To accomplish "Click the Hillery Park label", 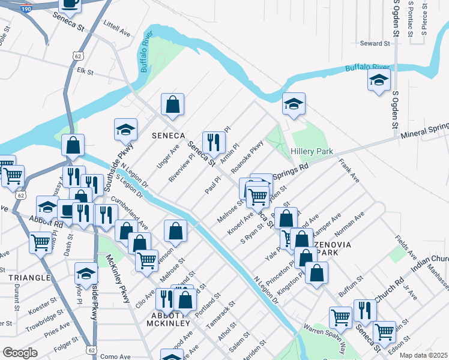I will point(312,152).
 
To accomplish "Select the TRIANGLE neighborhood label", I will point(29,278).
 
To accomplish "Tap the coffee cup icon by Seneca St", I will point(70,4).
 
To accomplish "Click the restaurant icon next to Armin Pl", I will point(213,142).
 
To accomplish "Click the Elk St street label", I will point(85,71).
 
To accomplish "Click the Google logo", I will point(20,353).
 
